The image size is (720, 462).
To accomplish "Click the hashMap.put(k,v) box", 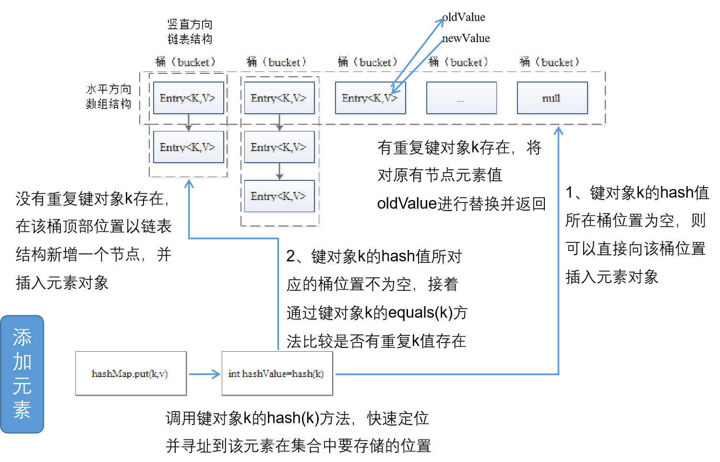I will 131,373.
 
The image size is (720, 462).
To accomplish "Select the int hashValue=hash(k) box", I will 277,373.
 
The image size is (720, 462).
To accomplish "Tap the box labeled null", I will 552,98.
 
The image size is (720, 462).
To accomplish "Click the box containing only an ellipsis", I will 461,98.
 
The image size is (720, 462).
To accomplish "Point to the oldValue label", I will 464,17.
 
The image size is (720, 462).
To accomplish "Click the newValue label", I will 466,38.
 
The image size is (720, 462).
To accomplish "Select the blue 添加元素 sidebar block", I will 22,374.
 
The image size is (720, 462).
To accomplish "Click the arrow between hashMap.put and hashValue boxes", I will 204,374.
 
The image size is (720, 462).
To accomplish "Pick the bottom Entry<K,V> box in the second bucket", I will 279,196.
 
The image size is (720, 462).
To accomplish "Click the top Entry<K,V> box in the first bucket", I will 188,98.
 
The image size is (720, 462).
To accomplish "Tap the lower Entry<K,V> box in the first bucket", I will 188,147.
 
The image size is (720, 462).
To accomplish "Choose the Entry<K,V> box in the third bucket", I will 370,98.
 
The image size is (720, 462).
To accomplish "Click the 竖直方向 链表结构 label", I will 190,32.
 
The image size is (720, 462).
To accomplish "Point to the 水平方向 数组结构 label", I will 108,96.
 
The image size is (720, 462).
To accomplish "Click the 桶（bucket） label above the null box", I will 550,62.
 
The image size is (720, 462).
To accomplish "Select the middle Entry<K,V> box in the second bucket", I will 279,147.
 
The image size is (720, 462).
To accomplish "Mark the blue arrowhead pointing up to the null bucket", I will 558,130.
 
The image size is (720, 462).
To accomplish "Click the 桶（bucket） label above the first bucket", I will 186,62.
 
